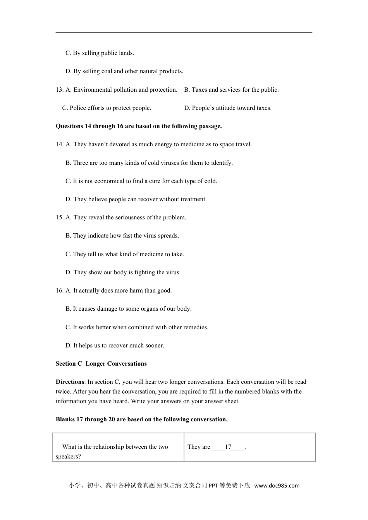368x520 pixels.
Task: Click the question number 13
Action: click(x=59, y=90)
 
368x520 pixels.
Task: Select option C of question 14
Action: click(x=141, y=181)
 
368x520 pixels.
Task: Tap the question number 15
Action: click(x=59, y=217)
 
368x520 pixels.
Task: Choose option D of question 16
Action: click(x=115, y=346)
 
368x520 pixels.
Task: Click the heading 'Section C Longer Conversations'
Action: click(x=101, y=364)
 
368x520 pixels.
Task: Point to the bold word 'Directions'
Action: click(x=70, y=382)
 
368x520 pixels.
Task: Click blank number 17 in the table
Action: click(x=228, y=447)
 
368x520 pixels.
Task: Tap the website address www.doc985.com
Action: click(x=277, y=486)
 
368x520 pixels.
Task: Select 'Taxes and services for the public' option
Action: click(x=231, y=90)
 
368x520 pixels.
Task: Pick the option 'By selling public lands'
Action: click(x=100, y=53)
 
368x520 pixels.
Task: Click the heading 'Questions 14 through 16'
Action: click(x=139, y=126)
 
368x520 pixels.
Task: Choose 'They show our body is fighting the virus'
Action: click(x=123, y=272)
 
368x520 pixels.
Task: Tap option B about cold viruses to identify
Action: click(x=149, y=163)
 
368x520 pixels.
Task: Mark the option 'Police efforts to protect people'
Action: click(x=107, y=108)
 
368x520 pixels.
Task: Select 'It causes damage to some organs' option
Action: click(x=128, y=309)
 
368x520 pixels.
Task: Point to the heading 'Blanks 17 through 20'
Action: click(x=141, y=419)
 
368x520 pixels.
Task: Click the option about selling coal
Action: click(x=124, y=71)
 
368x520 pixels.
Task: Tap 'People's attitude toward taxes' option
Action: click(x=228, y=108)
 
